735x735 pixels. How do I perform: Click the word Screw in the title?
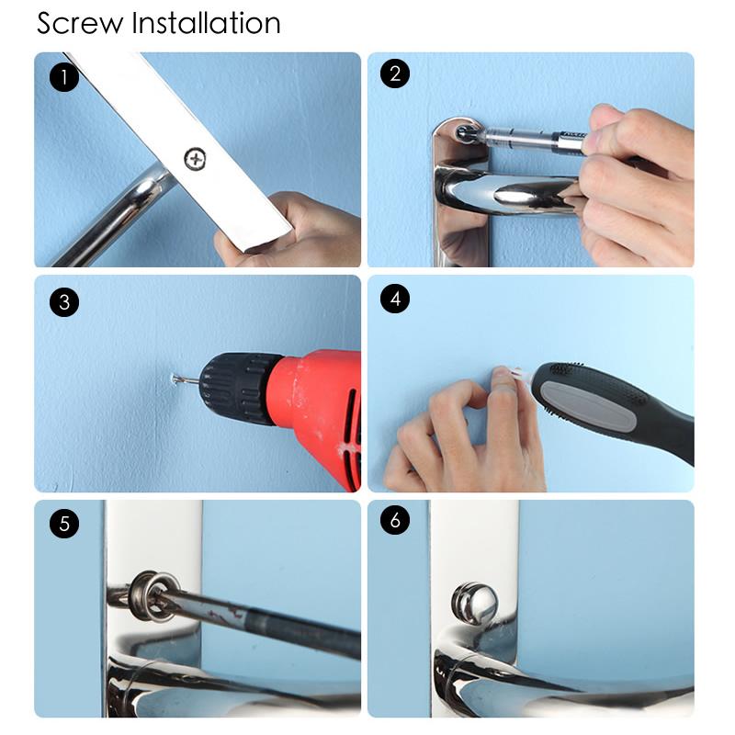[x=80, y=22]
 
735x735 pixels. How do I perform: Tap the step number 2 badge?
[x=395, y=74]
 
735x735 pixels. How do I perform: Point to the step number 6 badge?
[x=395, y=521]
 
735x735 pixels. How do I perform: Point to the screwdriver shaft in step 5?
[x=266, y=620]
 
